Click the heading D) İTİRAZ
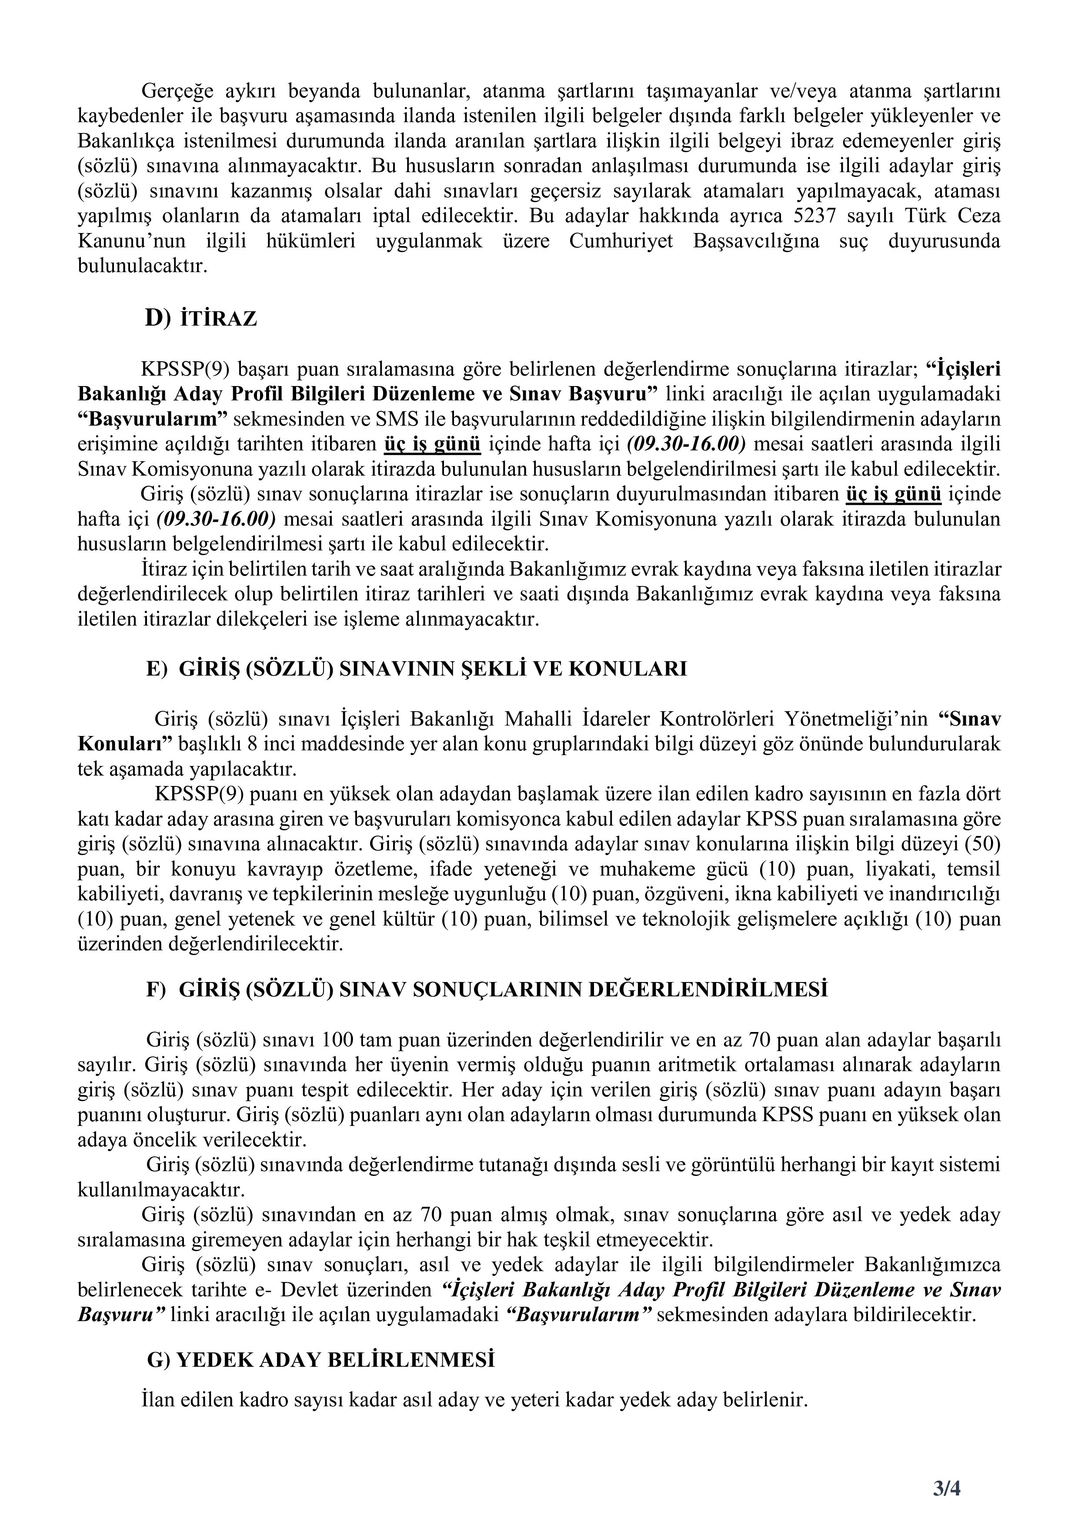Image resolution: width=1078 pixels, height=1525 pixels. [x=200, y=320]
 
